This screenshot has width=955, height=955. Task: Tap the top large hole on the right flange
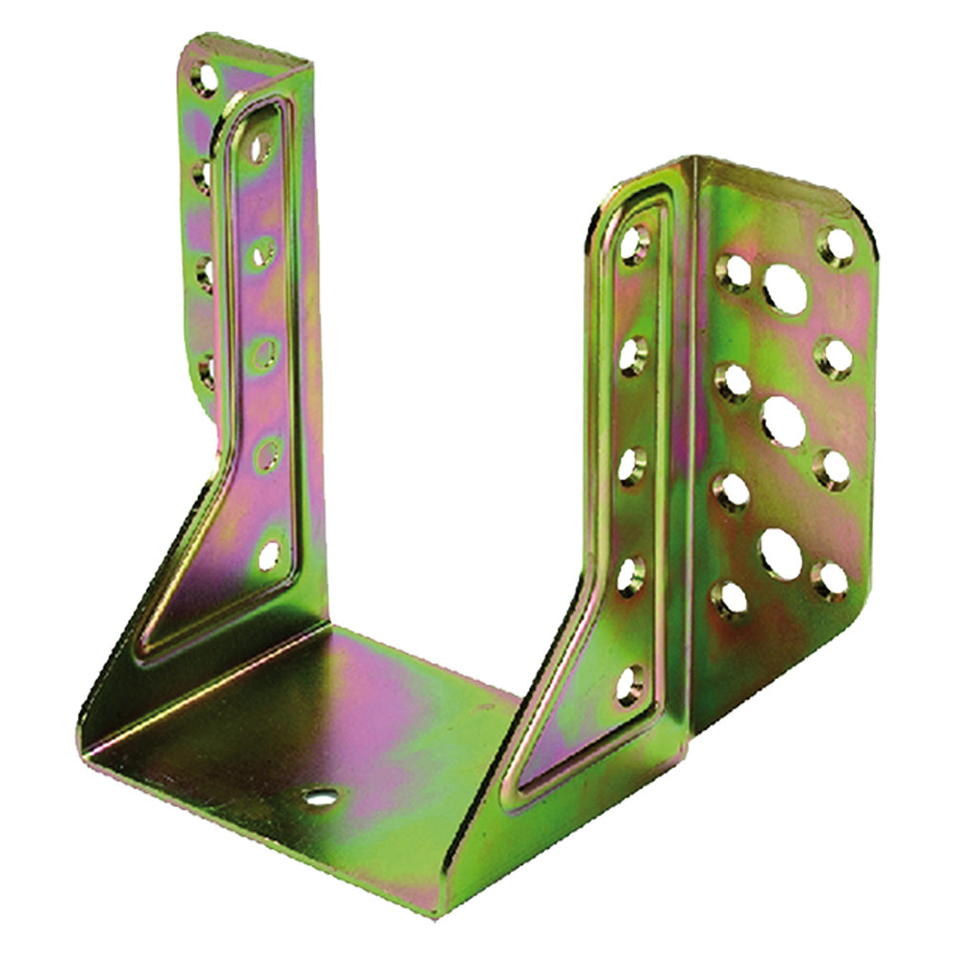pos(785,289)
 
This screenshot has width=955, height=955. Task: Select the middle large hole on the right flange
pos(783,420)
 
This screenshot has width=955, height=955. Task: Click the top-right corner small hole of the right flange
pos(838,246)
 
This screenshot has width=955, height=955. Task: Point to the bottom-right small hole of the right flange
pos(829,580)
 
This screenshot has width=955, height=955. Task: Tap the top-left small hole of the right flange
pos(734,273)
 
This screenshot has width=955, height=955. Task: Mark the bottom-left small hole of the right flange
pos(731,599)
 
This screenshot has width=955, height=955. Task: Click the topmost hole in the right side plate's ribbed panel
pos(635,244)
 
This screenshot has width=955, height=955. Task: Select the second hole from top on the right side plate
pos(633,355)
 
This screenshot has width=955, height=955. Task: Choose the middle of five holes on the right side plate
pos(631,466)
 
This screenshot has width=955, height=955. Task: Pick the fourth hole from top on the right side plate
pos(630,576)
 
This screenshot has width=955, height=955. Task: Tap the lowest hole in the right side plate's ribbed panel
pos(629,686)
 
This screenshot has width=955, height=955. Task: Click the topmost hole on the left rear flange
pos(203,76)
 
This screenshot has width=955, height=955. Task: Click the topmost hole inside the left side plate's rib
pos(260,147)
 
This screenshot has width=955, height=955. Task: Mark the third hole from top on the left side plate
pos(265,351)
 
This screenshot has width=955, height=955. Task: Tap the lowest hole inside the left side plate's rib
pos(270,554)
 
